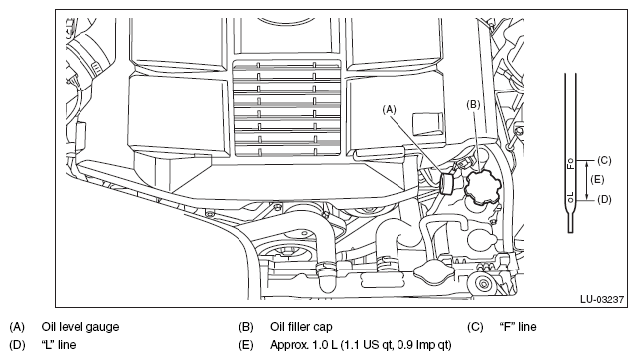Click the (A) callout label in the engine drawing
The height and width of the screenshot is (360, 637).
(x=390, y=109)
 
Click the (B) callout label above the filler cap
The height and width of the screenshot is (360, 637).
(x=473, y=105)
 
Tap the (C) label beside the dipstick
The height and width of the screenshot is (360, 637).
(x=604, y=160)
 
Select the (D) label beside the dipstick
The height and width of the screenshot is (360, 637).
(x=604, y=199)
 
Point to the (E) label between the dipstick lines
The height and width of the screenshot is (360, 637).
(x=597, y=179)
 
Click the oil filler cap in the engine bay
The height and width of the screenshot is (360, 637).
(x=482, y=187)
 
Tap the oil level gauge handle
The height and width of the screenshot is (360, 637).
(x=447, y=183)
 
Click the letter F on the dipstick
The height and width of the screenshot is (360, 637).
(x=570, y=165)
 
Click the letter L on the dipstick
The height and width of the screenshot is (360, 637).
(x=570, y=195)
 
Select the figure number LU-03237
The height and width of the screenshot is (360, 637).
(x=601, y=300)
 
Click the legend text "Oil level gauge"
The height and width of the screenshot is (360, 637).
(x=80, y=327)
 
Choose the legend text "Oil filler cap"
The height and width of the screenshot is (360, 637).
(x=301, y=327)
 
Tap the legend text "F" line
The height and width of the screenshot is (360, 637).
(x=517, y=327)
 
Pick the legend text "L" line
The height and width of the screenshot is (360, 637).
(x=59, y=345)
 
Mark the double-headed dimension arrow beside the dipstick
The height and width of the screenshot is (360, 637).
(x=587, y=180)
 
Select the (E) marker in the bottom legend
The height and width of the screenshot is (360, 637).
(x=246, y=345)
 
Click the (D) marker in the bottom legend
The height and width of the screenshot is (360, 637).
(x=17, y=345)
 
